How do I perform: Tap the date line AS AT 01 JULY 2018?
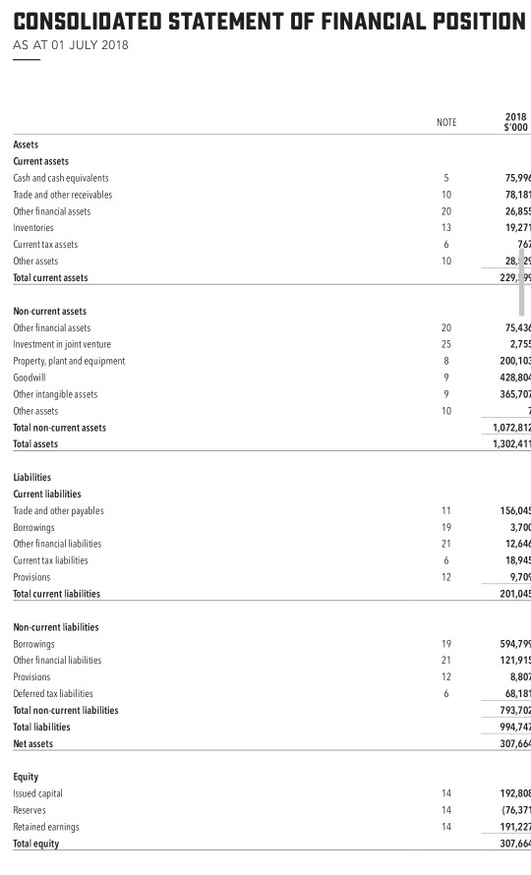tap(70, 45)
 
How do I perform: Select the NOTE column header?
tap(446, 122)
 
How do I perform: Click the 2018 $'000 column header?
tap(514, 122)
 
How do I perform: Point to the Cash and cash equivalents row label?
tap(61, 178)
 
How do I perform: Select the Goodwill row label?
tap(29, 378)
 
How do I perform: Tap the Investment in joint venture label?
tap(62, 344)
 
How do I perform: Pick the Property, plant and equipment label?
tap(69, 361)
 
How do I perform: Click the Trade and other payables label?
tap(58, 511)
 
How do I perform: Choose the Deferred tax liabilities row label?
tap(53, 694)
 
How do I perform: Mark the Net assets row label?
tap(33, 744)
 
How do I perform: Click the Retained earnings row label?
tap(46, 827)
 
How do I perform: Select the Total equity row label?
tap(36, 844)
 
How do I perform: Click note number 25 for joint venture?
tap(446, 344)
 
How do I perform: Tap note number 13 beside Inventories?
tap(446, 227)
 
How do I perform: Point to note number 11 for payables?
tap(446, 511)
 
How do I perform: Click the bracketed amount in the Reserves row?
tap(513, 810)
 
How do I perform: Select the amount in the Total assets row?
tap(511, 444)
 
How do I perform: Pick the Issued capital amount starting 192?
tap(513, 793)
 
